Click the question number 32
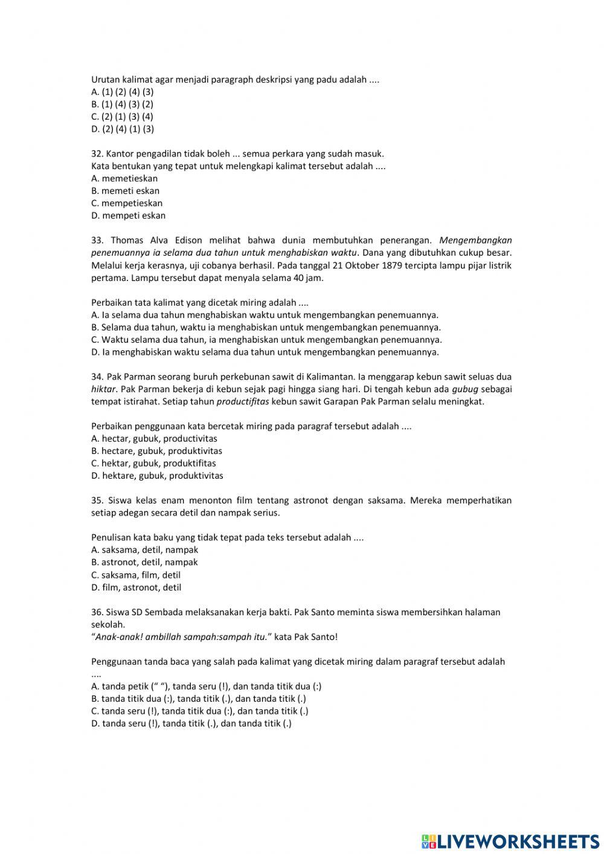[97, 154]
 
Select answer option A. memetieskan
[124, 178]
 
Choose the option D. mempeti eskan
[128, 215]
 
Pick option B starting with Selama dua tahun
[266, 327]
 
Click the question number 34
[97, 377]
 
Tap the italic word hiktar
[103, 389]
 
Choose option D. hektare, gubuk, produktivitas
[157, 476]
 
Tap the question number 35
[97, 500]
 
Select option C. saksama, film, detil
[136, 575]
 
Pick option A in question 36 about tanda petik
[206, 686]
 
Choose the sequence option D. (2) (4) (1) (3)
[123, 129]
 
